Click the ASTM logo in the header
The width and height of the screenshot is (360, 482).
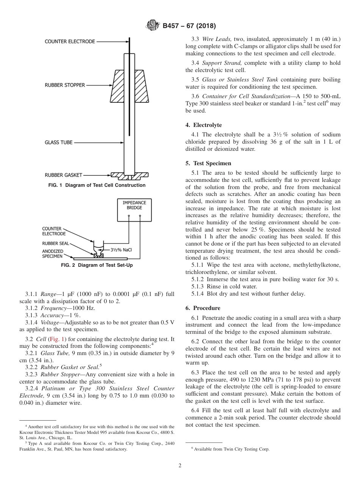(153, 26)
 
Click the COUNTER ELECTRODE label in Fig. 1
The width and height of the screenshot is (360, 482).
(70, 41)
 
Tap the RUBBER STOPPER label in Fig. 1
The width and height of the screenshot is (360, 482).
(65, 85)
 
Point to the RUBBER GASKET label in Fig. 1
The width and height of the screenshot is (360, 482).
(63, 175)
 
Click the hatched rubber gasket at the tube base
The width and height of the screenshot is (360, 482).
(129, 176)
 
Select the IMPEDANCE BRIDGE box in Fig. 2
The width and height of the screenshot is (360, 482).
(134, 210)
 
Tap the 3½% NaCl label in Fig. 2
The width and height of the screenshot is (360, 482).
(121, 250)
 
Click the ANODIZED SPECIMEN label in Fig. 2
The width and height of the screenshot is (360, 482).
(53, 254)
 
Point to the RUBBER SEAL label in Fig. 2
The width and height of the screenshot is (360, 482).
(55, 243)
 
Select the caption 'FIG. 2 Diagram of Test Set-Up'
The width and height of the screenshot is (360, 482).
(97, 265)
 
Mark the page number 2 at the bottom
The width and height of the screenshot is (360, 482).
(180, 466)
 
